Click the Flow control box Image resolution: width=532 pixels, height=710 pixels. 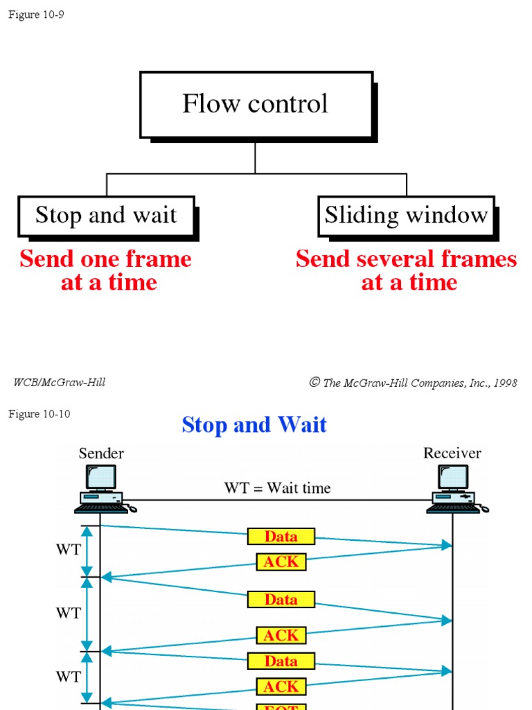(256, 104)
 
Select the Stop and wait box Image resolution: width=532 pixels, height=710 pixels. (106, 216)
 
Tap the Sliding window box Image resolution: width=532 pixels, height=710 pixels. (406, 216)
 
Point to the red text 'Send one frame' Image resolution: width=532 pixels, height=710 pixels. (105, 259)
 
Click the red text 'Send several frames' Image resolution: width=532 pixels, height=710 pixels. (406, 259)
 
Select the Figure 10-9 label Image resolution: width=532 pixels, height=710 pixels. (36, 15)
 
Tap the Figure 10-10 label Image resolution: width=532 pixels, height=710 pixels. (39, 414)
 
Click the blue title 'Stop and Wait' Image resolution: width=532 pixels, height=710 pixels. (254, 425)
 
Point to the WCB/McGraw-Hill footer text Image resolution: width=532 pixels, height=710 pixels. (60, 382)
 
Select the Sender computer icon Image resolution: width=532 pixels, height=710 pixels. (103, 489)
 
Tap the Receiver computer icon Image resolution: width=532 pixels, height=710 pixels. (454, 489)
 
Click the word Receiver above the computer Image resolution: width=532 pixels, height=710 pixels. (452, 453)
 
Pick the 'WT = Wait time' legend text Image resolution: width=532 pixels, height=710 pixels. (277, 488)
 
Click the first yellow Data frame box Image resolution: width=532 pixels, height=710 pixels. (281, 536)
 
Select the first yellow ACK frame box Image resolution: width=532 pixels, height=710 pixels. (281, 562)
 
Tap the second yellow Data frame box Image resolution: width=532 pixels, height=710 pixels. (281, 599)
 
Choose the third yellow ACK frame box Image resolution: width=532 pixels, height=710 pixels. (281, 686)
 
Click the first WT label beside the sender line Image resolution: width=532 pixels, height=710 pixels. (69, 550)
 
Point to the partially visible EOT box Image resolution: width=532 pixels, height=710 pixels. (281, 706)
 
